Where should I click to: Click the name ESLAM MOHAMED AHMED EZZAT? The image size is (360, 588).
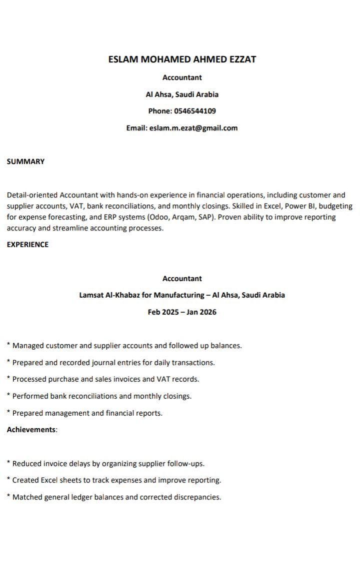pos(182,59)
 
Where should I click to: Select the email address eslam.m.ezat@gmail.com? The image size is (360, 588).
pos(193,128)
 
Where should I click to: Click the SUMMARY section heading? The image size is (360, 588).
pos(25,161)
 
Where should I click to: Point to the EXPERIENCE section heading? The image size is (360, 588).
pos(27,244)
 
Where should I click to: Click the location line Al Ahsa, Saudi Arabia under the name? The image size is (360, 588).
pos(182,94)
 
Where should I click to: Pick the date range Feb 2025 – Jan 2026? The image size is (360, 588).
pos(182,312)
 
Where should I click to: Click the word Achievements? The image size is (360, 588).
pos(31,430)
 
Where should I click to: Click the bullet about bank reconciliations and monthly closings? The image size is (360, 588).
pos(101,396)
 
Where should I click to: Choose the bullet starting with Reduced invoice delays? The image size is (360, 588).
pos(108,464)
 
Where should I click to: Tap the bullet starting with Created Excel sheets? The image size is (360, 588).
pos(116,480)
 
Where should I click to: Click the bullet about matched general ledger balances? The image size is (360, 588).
pos(116,497)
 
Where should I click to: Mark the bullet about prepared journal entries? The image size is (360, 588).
pos(113,362)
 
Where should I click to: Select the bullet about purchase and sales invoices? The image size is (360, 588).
pos(105,379)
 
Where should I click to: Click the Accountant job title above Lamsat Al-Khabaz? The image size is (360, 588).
pos(182,278)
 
